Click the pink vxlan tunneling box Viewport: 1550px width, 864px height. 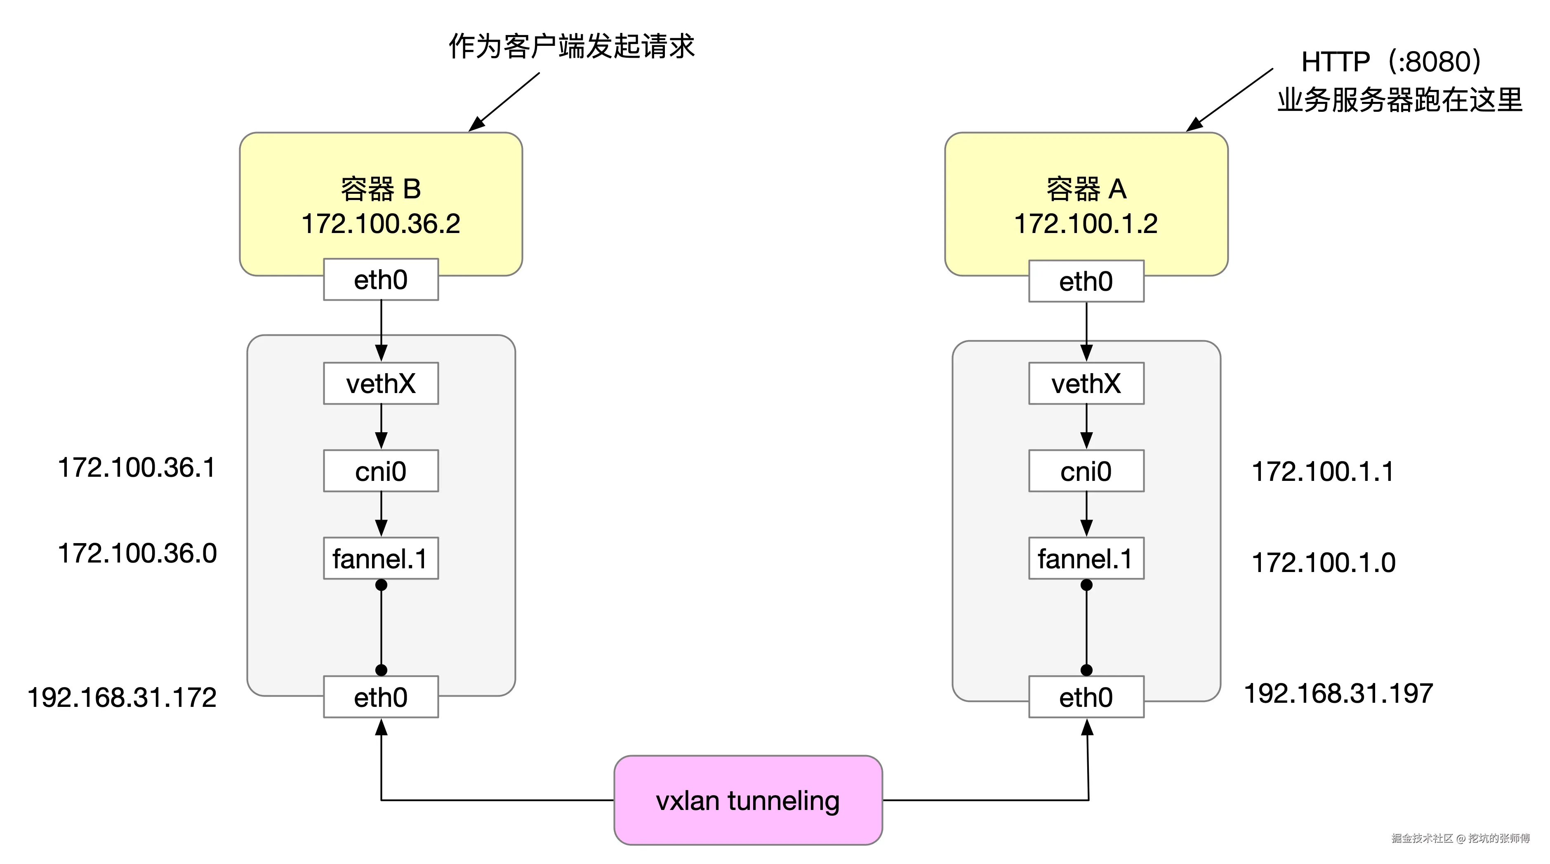[x=747, y=800]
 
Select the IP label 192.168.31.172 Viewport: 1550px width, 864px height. [x=122, y=698]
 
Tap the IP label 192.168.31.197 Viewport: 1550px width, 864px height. [x=1338, y=694]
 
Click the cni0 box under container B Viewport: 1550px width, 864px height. [x=381, y=471]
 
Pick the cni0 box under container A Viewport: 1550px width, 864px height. [x=1086, y=471]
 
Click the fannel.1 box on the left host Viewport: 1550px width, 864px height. [x=381, y=559]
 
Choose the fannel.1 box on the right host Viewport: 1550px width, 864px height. [x=1086, y=559]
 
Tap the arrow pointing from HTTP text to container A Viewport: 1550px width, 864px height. [x=1230, y=99]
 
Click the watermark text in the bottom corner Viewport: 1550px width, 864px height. [x=1460, y=838]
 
